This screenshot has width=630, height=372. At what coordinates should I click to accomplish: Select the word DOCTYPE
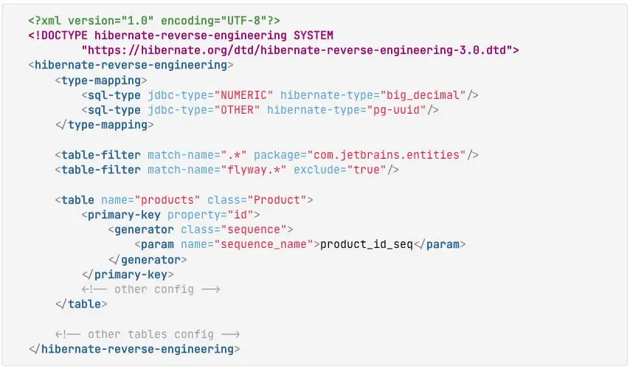point(64,35)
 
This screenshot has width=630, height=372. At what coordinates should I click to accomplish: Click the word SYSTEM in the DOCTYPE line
point(314,35)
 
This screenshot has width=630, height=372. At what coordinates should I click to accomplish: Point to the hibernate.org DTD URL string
point(297,50)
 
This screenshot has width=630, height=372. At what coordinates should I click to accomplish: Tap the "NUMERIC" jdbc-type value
point(244,95)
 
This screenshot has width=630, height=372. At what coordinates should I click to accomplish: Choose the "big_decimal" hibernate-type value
point(423,95)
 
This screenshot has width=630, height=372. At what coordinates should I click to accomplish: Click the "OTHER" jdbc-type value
point(237,110)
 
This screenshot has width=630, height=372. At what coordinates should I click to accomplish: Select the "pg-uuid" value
point(397,110)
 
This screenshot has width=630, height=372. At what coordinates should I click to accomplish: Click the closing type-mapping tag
point(105,125)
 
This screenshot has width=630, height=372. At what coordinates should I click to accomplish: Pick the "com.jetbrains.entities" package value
point(387,155)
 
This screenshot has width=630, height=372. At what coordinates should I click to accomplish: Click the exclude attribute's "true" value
point(367,170)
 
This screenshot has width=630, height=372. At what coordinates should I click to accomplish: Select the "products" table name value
point(167,200)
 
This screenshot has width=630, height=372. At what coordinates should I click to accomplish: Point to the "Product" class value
point(277,200)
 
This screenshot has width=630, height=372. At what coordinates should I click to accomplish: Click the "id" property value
point(240,215)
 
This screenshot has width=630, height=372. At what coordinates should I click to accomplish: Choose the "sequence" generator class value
point(254,230)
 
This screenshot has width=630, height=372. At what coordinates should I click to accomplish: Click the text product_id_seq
point(367,244)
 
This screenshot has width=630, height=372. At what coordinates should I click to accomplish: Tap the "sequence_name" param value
point(264,244)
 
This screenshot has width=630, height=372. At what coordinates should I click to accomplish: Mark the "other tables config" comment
point(148,334)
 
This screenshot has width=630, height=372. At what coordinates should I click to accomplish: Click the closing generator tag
point(148,260)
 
